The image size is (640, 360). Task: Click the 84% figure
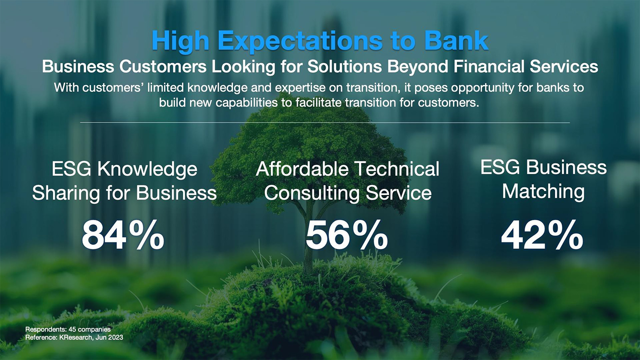(x=123, y=235)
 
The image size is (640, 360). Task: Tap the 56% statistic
(x=347, y=235)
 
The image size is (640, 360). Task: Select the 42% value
(x=542, y=235)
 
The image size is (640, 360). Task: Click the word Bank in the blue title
(x=456, y=40)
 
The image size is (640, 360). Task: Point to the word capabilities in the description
(x=247, y=103)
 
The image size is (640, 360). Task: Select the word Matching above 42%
(x=543, y=192)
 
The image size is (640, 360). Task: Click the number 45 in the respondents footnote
(x=72, y=329)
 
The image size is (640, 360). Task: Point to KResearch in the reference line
(x=75, y=338)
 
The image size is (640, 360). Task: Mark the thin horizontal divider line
(x=325, y=123)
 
